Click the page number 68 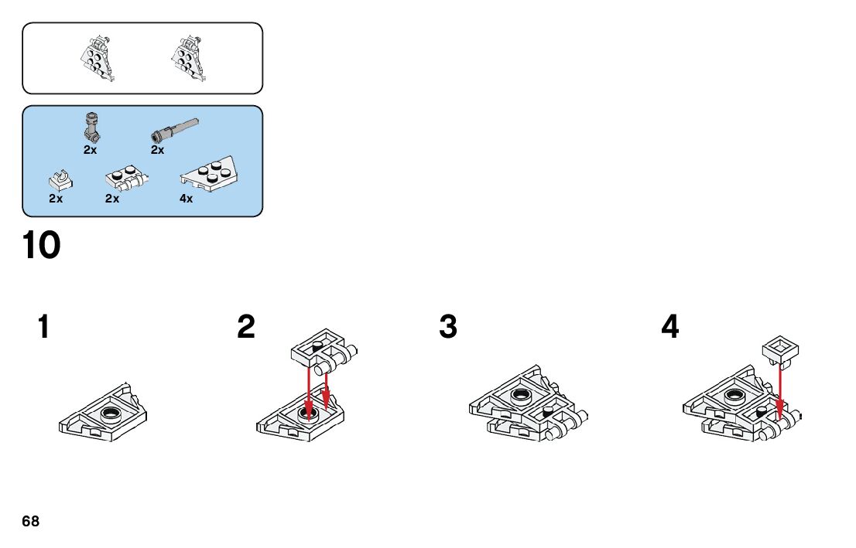coord(31,522)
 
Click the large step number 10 coord(42,246)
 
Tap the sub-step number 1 coord(44,327)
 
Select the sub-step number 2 coord(246,327)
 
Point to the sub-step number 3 coord(448,327)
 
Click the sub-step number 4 coord(670,327)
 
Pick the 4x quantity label coord(187,199)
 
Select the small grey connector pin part coord(92,127)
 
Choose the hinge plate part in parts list coord(126,179)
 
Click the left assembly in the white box coord(98,58)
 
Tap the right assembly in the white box coord(189,58)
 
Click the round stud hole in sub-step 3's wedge coord(520,397)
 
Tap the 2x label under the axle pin coord(158,150)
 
